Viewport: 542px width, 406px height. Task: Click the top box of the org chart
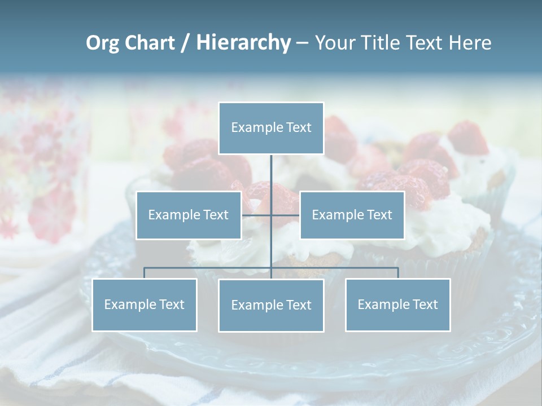pos(271,128)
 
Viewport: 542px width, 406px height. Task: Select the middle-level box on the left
pos(189,215)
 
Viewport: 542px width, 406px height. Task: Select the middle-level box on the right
pos(352,215)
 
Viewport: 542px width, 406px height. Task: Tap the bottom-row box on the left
pos(144,304)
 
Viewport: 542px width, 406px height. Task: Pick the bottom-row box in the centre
pos(271,305)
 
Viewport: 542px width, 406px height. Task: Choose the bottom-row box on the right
pos(397,304)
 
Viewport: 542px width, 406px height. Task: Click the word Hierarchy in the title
pos(243,43)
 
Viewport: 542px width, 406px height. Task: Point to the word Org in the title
pos(103,43)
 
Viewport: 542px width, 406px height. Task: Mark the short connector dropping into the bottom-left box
pos(144,273)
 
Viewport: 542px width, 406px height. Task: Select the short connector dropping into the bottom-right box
pos(398,273)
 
